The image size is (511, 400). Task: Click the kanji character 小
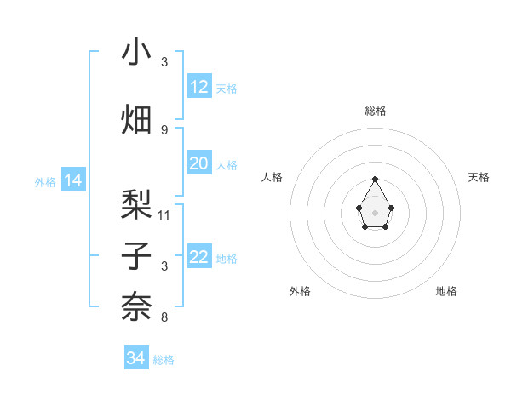click(136, 53)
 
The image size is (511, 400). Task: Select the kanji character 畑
click(136, 118)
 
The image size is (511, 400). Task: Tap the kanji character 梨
click(136, 205)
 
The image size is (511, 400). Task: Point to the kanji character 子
click(136, 256)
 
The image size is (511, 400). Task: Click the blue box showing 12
click(199, 87)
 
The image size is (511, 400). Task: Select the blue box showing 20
click(199, 163)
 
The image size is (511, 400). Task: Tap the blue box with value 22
click(199, 257)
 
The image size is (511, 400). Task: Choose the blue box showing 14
click(73, 180)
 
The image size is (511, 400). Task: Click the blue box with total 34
click(136, 358)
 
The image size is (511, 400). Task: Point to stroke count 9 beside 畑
click(164, 129)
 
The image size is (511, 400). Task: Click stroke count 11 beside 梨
click(164, 214)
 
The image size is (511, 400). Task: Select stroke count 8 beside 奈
click(164, 317)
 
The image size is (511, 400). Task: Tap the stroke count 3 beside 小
click(164, 62)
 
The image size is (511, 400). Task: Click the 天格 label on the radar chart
click(479, 177)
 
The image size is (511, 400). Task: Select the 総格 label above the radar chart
click(375, 111)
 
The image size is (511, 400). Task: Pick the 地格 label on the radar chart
click(446, 291)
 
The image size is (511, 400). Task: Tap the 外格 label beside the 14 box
click(45, 181)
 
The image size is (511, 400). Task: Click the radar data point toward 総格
click(375, 179)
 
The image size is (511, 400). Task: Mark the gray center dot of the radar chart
click(375, 212)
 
